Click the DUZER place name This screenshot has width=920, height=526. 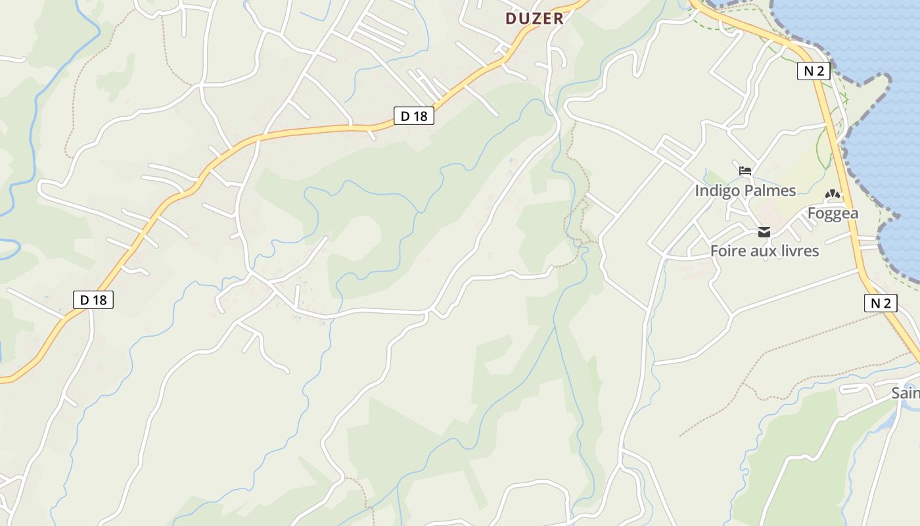tap(534, 18)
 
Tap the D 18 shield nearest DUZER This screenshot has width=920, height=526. tap(414, 116)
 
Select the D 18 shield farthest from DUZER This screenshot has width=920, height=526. tap(93, 300)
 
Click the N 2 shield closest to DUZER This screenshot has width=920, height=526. tap(814, 71)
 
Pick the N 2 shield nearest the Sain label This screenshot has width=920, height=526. tap(880, 302)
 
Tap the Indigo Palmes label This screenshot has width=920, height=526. tap(745, 191)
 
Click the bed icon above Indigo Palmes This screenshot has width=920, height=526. tap(745, 171)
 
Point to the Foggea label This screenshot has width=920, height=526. tap(833, 213)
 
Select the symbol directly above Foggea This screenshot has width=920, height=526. tap(833, 195)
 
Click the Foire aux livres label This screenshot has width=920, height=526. tap(764, 251)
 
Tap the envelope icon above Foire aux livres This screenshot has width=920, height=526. tap(764, 231)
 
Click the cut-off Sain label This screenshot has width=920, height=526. tap(906, 393)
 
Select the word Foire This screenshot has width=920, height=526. tap(728, 251)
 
